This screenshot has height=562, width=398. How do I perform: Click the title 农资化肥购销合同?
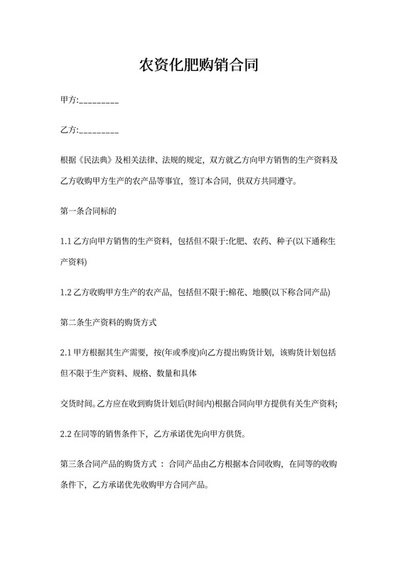click(198, 67)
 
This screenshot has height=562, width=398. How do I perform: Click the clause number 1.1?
click(66, 241)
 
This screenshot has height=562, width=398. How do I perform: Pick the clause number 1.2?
click(66, 292)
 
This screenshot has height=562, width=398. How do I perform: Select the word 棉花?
click(238, 292)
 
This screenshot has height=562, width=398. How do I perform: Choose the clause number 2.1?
click(66, 353)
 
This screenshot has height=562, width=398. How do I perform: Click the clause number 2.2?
click(66, 434)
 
